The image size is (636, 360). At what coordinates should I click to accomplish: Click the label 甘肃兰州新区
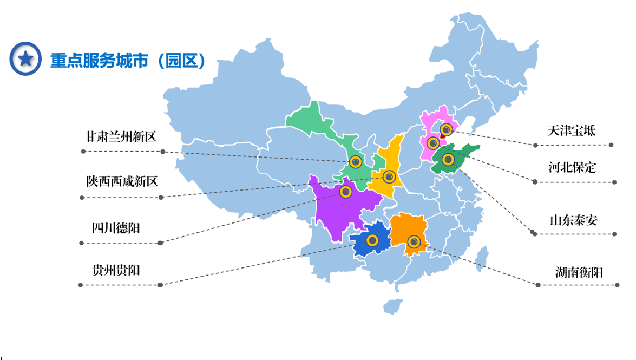click(x=121, y=136)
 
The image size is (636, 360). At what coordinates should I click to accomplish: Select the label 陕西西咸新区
click(x=122, y=181)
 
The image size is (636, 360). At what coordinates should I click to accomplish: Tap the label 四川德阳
click(x=116, y=228)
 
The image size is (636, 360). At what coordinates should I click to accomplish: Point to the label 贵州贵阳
click(x=116, y=270)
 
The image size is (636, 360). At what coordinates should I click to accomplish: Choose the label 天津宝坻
click(x=572, y=130)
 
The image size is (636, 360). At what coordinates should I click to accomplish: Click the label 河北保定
click(x=572, y=167)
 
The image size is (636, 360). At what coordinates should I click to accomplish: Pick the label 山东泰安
click(x=574, y=220)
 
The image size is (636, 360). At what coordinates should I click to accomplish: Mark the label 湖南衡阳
click(x=579, y=272)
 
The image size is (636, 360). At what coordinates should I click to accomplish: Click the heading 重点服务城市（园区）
click(x=128, y=60)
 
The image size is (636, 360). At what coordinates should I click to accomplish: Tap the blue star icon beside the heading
click(x=25, y=58)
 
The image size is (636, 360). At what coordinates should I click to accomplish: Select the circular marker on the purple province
click(x=346, y=191)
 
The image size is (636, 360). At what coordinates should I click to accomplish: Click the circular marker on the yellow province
click(x=389, y=176)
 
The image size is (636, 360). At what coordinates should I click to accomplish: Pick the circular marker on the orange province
click(x=414, y=241)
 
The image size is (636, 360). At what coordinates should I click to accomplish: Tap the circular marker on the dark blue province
click(x=372, y=240)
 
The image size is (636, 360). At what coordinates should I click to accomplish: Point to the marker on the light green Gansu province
click(x=355, y=161)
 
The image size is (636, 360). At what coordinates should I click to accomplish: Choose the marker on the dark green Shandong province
click(x=448, y=159)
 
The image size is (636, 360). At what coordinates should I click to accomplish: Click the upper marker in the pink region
click(x=446, y=129)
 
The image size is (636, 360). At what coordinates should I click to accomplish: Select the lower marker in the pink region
click(x=433, y=143)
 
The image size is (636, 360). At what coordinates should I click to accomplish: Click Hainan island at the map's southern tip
click(x=393, y=306)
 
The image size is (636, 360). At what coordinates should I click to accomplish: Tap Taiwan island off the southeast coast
click(x=481, y=258)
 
